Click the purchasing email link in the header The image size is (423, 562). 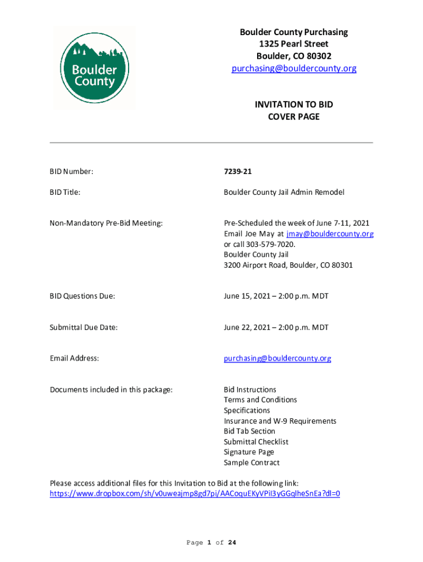click(x=294, y=69)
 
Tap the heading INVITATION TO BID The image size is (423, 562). click(x=293, y=104)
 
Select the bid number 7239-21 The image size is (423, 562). click(x=237, y=172)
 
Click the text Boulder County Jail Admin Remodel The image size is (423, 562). click(x=283, y=193)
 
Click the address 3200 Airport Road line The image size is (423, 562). click(x=288, y=265)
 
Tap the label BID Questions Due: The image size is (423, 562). click(x=82, y=296)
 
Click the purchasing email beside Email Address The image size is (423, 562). click(x=277, y=358)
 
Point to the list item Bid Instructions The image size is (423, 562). click(x=250, y=390)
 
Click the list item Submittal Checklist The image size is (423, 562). click(x=256, y=442)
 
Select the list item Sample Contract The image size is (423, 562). click(x=252, y=463)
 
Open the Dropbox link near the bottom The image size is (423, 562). click(x=195, y=493)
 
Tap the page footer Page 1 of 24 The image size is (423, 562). click(x=211, y=543)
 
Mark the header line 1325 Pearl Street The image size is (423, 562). click(x=293, y=44)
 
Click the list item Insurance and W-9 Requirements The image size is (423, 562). click(x=280, y=421)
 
